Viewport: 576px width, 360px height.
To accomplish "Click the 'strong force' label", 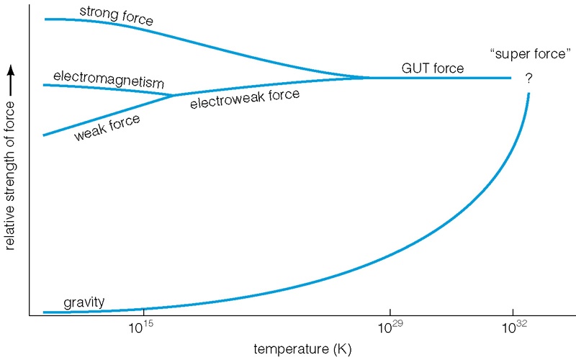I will click(x=117, y=15).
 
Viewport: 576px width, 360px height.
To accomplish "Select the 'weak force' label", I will click(x=107, y=127).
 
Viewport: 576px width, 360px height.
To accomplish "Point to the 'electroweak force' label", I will click(x=244, y=99).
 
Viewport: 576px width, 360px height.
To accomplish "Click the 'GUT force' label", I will click(x=432, y=69).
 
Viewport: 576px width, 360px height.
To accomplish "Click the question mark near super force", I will click(x=528, y=78).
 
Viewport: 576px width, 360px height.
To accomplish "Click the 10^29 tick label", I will click(x=390, y=328).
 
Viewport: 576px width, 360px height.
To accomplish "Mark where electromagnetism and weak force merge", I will click(x=173, y=95).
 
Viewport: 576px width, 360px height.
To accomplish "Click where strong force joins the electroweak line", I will click(x=371, y=77).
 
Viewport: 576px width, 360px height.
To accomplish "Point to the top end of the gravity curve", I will click(x=529, y=94).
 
